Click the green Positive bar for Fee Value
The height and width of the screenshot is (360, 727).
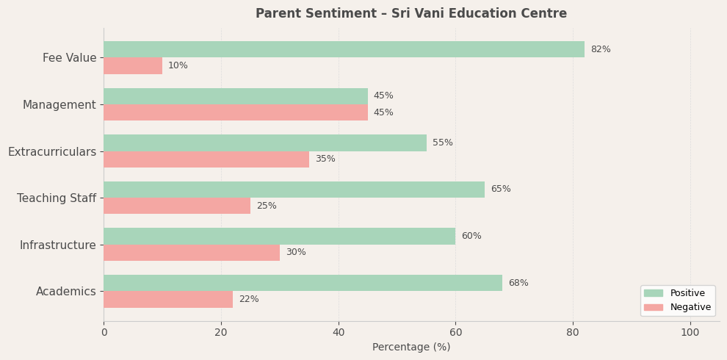point(344,49)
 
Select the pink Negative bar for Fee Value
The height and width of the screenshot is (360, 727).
point(133,66)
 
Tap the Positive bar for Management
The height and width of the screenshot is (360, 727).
point(235,96)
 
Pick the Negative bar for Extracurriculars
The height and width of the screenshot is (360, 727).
point(206,159)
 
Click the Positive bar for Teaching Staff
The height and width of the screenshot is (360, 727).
point(294,190)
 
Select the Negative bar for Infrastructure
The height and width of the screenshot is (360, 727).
point(192,253)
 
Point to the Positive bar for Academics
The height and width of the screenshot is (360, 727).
point(303,283)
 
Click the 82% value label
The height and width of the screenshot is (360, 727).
point(601,49)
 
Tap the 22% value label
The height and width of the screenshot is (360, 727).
point(249,300)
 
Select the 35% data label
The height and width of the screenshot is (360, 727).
point(325,159)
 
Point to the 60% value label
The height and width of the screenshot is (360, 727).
point(471,237)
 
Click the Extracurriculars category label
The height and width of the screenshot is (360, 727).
point(52,152)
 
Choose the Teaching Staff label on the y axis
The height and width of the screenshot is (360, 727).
point(57,198)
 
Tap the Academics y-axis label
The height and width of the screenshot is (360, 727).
point(66,292)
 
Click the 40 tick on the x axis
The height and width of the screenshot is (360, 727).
point(339,333)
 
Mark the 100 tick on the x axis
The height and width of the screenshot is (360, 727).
point(690,333)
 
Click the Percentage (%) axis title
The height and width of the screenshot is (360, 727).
point(411,348)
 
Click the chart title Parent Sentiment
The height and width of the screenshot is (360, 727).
point(411,13)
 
